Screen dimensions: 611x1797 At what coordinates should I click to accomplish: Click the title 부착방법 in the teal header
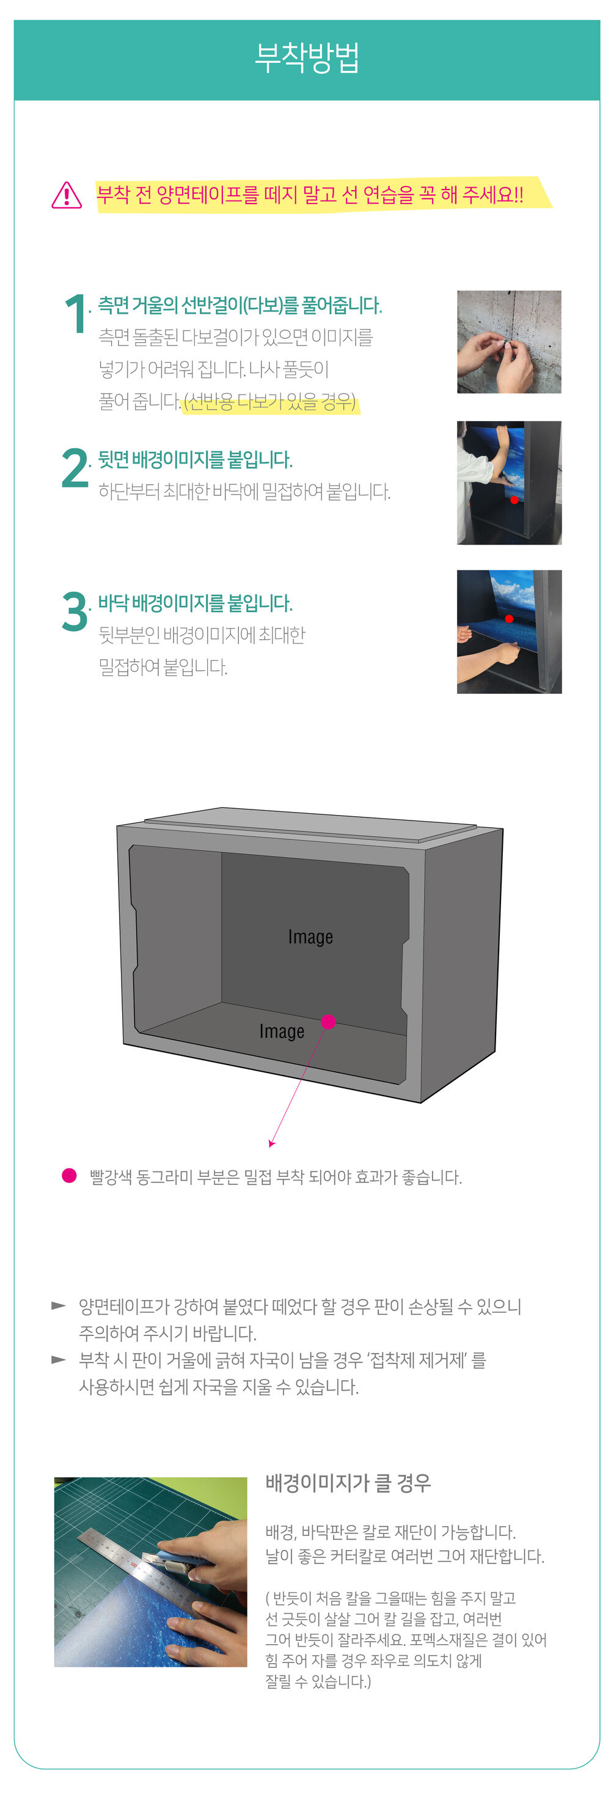(x=306, y=58)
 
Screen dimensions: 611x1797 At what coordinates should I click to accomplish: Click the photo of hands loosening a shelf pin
(x=508, y=342)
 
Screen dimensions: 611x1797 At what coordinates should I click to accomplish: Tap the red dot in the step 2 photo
(x=514, y=500)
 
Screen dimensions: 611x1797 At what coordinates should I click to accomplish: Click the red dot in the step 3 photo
(x=509, y=619)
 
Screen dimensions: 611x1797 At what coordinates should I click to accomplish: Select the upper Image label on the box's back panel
(x=310, y=937)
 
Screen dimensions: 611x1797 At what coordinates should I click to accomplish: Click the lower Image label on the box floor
(x=282, y=1031)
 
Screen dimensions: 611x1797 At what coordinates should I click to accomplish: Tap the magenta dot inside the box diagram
(x=329, y=1022)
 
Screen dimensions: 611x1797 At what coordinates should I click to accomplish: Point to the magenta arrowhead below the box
(x=271, y=1143)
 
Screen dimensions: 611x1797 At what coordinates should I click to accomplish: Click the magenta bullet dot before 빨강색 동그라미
(x=69, y=1175)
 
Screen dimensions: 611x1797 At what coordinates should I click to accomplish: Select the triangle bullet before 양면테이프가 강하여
(x=59, y=1305)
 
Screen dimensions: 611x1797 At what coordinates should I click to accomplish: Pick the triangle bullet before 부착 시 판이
(x=59, y=1360)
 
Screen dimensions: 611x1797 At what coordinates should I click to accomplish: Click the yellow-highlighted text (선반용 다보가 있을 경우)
(x=270, y=402)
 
